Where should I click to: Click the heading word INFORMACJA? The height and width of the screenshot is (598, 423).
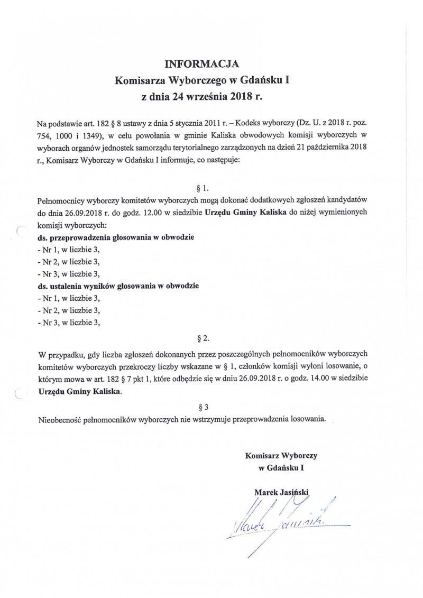pos(202,65)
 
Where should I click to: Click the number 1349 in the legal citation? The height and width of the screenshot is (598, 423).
pos(93,136)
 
